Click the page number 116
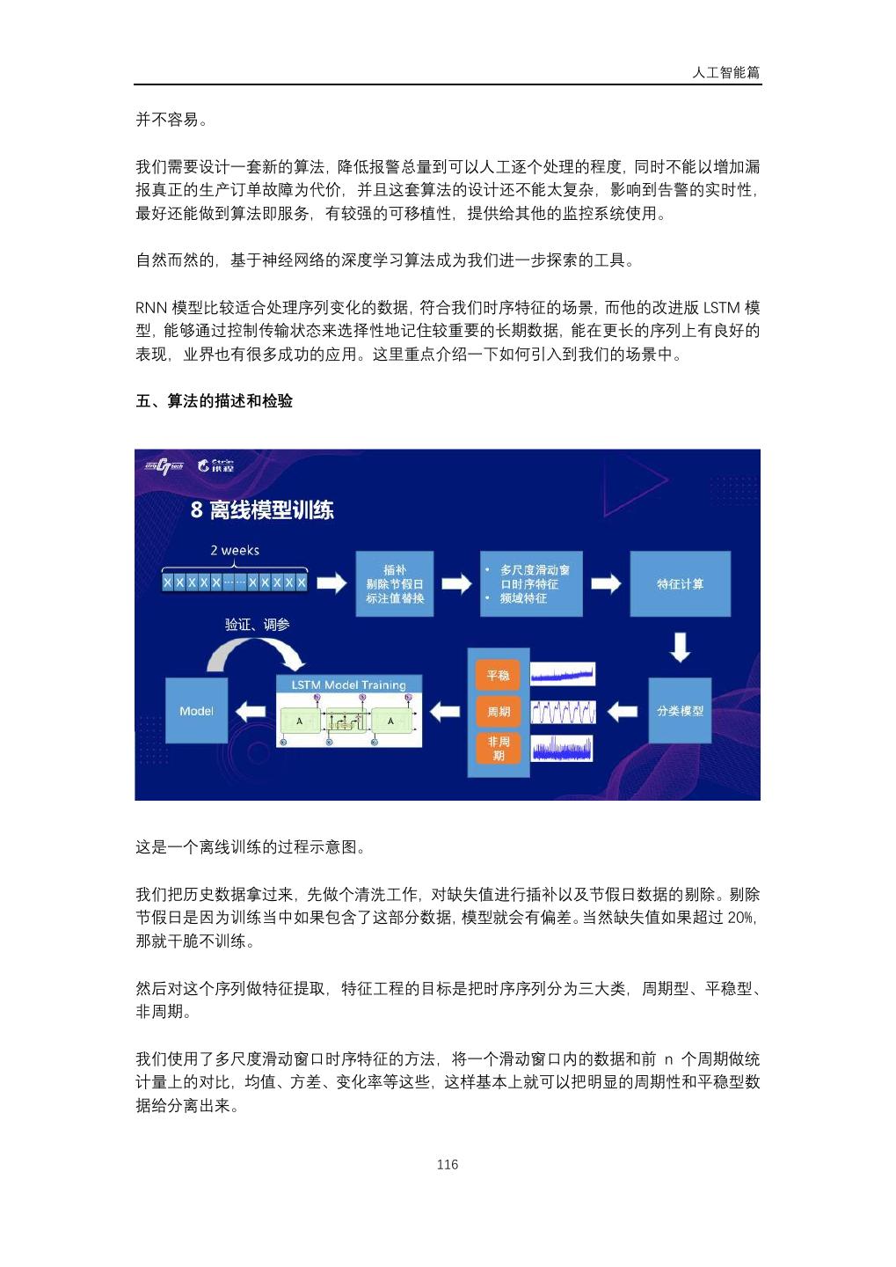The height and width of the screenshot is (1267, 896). point(447,1164)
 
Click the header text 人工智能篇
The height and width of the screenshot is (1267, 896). point(725,72)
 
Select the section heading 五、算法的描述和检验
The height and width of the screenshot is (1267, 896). point(214,401)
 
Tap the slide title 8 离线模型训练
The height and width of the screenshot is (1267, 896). point(262,509)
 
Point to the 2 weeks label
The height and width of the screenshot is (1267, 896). point(235,551)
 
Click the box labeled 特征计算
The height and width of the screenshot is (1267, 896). point(680,583)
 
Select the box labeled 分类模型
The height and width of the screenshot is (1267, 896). point(680,710)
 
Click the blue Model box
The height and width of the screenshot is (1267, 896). point(196,710)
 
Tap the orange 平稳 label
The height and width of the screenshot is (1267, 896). point(498,675)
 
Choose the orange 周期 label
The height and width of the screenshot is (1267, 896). point(498,711)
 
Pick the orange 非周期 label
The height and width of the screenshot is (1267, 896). point(498,748)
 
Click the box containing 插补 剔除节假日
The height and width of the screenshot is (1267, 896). point(394,583)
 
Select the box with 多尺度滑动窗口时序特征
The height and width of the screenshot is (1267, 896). point(531,583)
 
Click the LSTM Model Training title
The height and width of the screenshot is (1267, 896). point(348,685)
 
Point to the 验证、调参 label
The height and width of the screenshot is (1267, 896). point(257,624)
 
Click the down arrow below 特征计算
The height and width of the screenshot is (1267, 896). point(680,647)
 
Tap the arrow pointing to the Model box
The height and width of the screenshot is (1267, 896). point(252,711)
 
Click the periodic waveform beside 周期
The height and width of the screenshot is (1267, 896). point(563,711)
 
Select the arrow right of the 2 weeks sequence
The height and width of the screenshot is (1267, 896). point(331,583)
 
